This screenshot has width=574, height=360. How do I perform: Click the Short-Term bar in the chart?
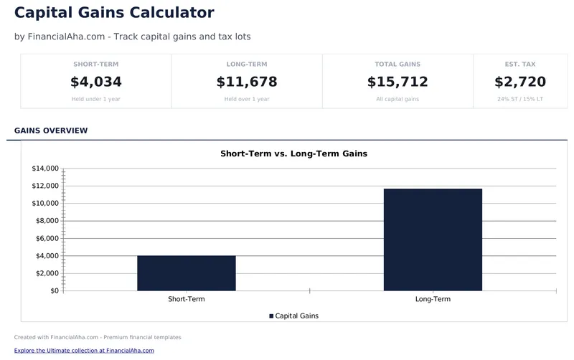click(187, 273)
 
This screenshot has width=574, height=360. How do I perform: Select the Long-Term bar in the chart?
click(433, 240)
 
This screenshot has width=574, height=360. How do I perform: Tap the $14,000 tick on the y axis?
click(45, 169)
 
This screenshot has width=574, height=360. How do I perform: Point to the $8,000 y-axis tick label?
click(45, 221)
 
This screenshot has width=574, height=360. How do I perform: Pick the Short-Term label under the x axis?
click(187, 299)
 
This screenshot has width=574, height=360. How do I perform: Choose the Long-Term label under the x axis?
click(433, 299)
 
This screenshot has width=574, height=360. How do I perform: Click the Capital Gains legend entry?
click(294, 316)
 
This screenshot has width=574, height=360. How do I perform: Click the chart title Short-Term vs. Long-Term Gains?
click(293, 153)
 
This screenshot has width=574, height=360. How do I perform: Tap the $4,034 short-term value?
click(96, 82)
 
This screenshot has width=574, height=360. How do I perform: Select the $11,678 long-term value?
click(247, 82)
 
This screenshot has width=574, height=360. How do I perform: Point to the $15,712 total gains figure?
click(397, 82)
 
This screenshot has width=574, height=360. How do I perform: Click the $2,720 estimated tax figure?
click(520, 82)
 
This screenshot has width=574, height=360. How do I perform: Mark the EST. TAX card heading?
click(520, 65)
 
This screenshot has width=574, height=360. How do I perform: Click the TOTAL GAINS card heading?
click(397, 65)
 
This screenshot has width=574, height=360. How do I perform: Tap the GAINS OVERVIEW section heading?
click(51, 131)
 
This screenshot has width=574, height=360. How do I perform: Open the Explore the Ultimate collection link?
click(84, 351)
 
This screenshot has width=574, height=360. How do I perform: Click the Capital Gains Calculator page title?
click(114, 12)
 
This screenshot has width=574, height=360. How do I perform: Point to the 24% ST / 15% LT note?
click(520, 99)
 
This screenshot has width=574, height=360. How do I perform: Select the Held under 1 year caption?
click(96, 99)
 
